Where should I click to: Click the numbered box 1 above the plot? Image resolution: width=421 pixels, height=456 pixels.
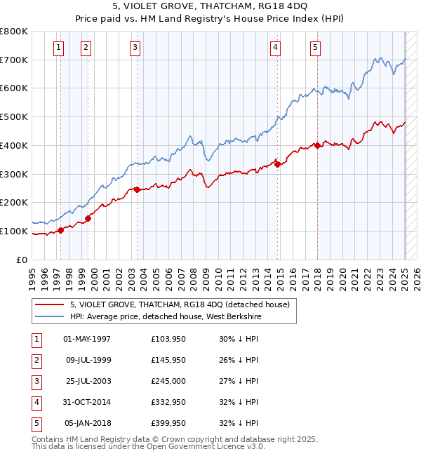click(58, 48)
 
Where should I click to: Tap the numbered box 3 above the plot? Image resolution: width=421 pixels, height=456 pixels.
click(134, 48)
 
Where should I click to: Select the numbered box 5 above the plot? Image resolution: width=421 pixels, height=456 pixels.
click(315, 48)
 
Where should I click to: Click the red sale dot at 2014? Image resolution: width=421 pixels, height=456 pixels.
click(277, 164)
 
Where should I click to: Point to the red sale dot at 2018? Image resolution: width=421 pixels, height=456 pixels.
click(317, 145)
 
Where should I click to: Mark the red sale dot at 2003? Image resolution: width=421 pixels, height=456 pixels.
click(137, 189)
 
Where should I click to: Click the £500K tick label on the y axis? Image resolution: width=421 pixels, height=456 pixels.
click(13, 117)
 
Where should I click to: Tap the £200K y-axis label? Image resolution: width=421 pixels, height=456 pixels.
click(13, 203)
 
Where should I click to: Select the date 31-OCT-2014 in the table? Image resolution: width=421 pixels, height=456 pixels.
click(87, 402)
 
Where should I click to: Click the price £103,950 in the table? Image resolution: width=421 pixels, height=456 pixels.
click(168, 339)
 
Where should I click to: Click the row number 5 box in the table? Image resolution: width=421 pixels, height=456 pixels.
click(36, 423)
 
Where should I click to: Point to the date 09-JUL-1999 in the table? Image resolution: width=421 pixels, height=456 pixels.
click(87, 360)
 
